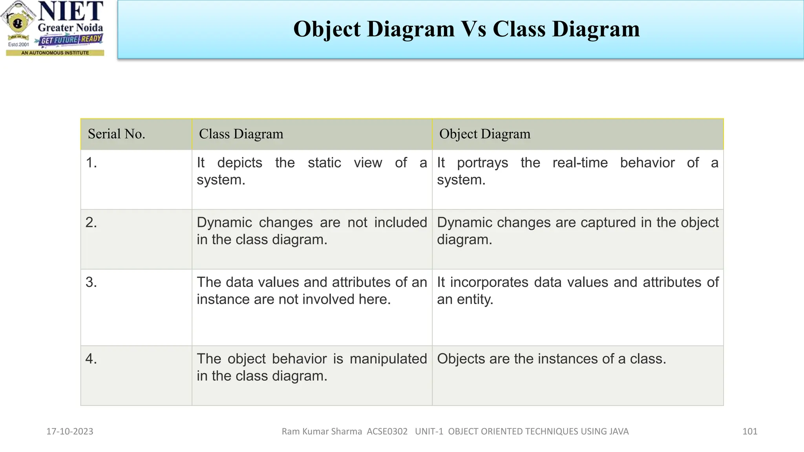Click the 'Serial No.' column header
click(117, 134)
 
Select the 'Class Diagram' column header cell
click(241, 134)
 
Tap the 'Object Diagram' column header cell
click(484, 134)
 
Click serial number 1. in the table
click(91, 163)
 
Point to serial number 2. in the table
click(91, 222)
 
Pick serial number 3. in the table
click(91, 282)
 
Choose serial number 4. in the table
click(91, 359)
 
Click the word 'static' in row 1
click(324, 163)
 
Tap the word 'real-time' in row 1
click(580, 163)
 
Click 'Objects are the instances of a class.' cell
click(551, 359)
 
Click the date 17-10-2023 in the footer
click(70, 432)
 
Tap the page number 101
click(749, 432)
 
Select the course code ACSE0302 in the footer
click(387, 432)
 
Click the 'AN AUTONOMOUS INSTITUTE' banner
click(55, 53)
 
